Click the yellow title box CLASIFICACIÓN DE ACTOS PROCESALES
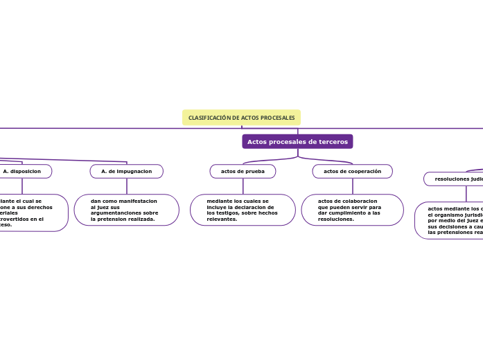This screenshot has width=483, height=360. coord(241,118)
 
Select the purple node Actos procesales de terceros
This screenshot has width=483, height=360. coord(297,141)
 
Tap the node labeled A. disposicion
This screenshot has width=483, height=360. coord(22,171)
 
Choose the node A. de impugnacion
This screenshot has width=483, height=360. coord(126,171)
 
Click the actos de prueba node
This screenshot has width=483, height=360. coord(243,171)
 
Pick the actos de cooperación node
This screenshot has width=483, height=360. coord(352,171)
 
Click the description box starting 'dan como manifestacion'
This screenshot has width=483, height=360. coord(126,210)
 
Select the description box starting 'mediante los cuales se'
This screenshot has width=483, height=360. coord(243,210)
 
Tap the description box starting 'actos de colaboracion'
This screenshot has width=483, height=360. coord(352,210)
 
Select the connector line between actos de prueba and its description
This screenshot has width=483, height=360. coord(243,186)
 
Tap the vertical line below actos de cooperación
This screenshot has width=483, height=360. coord(352,186)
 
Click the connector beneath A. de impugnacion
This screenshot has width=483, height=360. coord(126,186)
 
